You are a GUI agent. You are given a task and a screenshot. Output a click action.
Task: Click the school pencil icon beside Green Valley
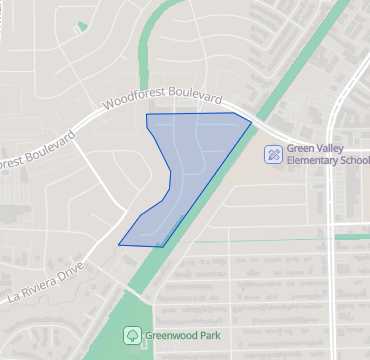coord(272,154)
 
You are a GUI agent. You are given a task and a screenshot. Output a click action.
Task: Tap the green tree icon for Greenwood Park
coord(130,335)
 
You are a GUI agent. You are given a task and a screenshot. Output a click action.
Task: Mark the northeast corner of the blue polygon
coord(251,125)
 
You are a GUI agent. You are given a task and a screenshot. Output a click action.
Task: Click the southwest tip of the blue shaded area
coord(119,243)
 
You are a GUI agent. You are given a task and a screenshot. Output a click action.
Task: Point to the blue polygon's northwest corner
coord(147,115)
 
